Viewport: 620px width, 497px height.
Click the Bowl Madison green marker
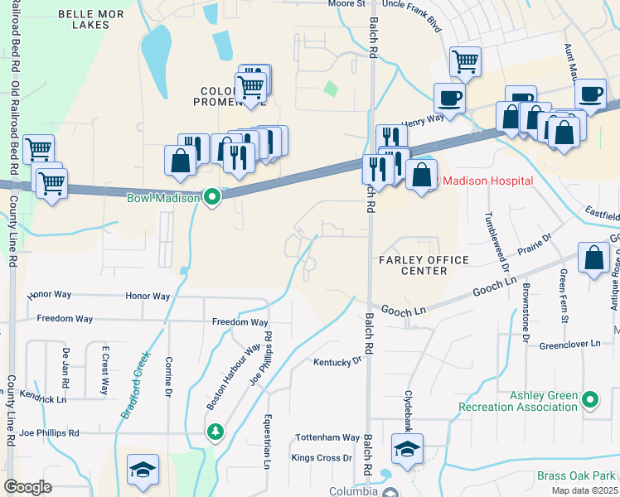coord(212,197)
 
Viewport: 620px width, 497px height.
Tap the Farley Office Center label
coord(424,266)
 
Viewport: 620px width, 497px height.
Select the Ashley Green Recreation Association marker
coord(590,400)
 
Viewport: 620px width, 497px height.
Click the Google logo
coord(27,487)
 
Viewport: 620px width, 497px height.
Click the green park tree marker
coord(216,432)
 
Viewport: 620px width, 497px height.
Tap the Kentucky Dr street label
coord(337,361)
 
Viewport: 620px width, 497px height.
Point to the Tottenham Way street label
coord(329,437)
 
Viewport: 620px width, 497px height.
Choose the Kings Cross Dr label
coord(322,457)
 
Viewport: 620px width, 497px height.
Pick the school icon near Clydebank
coord(407,450)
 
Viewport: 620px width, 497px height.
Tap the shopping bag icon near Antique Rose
coord(595,257)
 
